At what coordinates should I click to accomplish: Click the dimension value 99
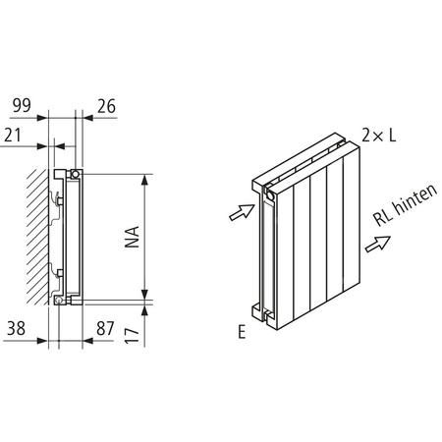[20, 103]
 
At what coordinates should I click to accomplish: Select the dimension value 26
[106, 103]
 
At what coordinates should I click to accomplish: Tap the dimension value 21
[13, 134]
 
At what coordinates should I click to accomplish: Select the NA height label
[132, 237]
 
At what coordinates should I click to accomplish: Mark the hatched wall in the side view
[38, 234]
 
